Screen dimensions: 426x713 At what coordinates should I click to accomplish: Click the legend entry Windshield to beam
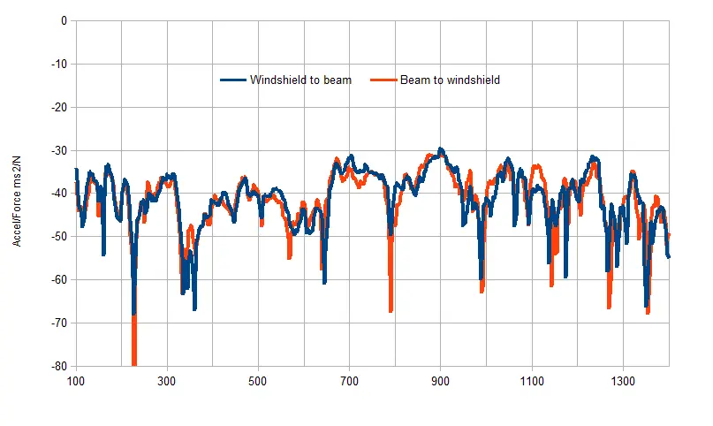click(300, 80)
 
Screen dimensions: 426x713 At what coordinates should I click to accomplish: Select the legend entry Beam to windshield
click(450, 80)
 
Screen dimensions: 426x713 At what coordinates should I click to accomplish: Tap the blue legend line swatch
click(233, 80)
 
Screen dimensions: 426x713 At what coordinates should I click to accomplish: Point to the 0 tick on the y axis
click(63, 21)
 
